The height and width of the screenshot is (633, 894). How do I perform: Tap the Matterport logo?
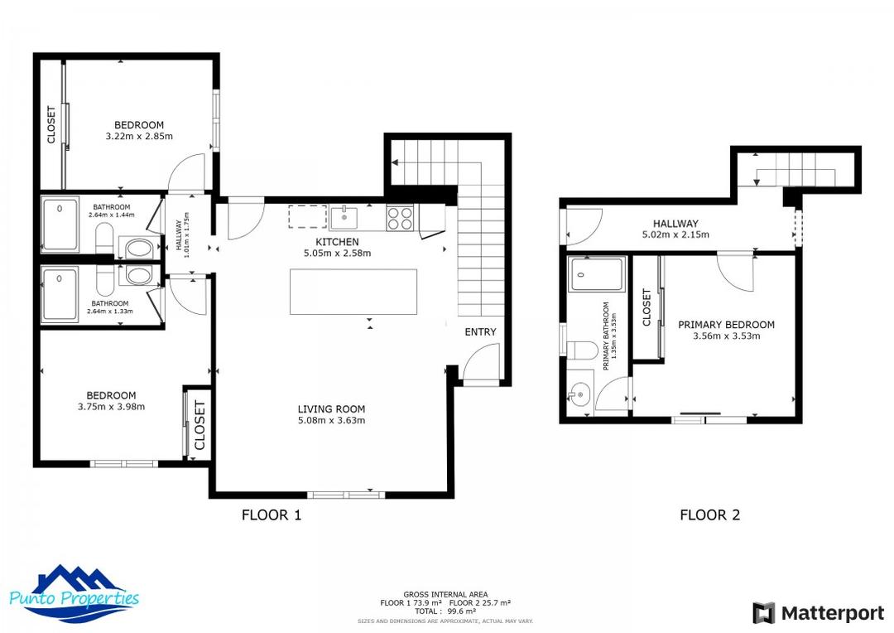click(818, 613)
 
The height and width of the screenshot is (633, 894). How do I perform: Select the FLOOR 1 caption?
click(271, 515)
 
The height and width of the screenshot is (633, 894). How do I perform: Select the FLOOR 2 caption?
click(709, 515)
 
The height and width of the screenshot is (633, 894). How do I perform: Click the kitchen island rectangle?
click(353, 292)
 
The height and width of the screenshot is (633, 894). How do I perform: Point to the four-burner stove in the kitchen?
click(400, 218)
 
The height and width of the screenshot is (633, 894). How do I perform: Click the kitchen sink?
click(344, 218)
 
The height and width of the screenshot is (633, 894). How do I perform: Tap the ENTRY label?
click(480, 332)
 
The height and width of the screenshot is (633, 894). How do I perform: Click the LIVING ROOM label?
click(331, 408)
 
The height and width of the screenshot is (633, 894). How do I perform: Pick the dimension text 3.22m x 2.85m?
click(139, 136)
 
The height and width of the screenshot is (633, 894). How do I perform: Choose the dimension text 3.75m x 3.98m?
click(111, 407)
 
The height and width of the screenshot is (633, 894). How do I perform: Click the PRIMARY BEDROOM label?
click(726, 325)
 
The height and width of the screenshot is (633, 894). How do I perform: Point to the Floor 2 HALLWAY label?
click(675, 224)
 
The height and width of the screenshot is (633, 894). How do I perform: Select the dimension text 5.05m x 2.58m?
click(337, 254)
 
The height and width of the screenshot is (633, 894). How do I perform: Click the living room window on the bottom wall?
click(346, 495)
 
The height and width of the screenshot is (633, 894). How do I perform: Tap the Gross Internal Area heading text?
click(445, 594)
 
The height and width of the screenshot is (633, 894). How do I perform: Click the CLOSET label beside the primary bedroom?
click(646, 307)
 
